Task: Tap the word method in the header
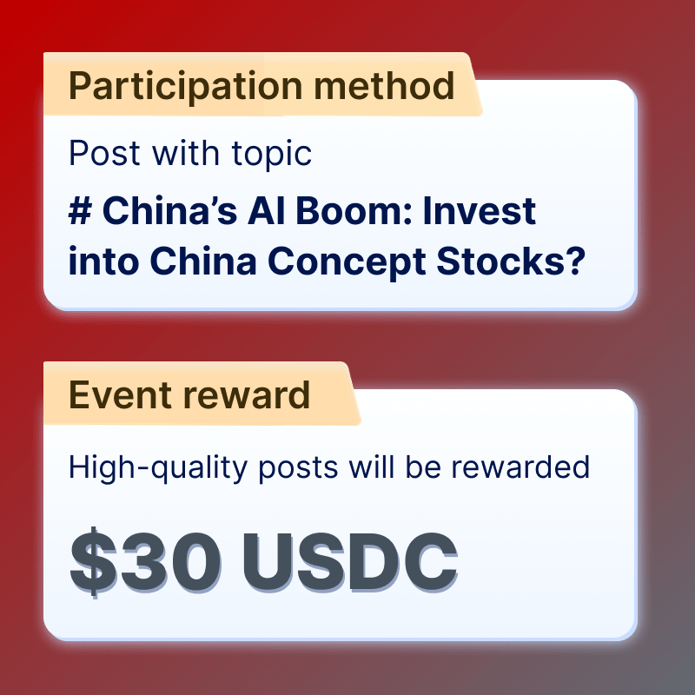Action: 384,85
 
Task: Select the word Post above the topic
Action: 104,153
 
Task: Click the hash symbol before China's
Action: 80,210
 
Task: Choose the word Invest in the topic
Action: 480,210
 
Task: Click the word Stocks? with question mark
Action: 511,261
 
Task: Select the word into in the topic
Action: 103,261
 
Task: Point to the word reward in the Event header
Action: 247,394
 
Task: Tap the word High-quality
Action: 158,468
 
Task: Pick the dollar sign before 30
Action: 94,562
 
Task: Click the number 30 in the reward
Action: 170,562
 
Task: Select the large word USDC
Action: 350,562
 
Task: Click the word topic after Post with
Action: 272,155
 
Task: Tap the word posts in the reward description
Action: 298,468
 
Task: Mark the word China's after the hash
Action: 169,210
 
